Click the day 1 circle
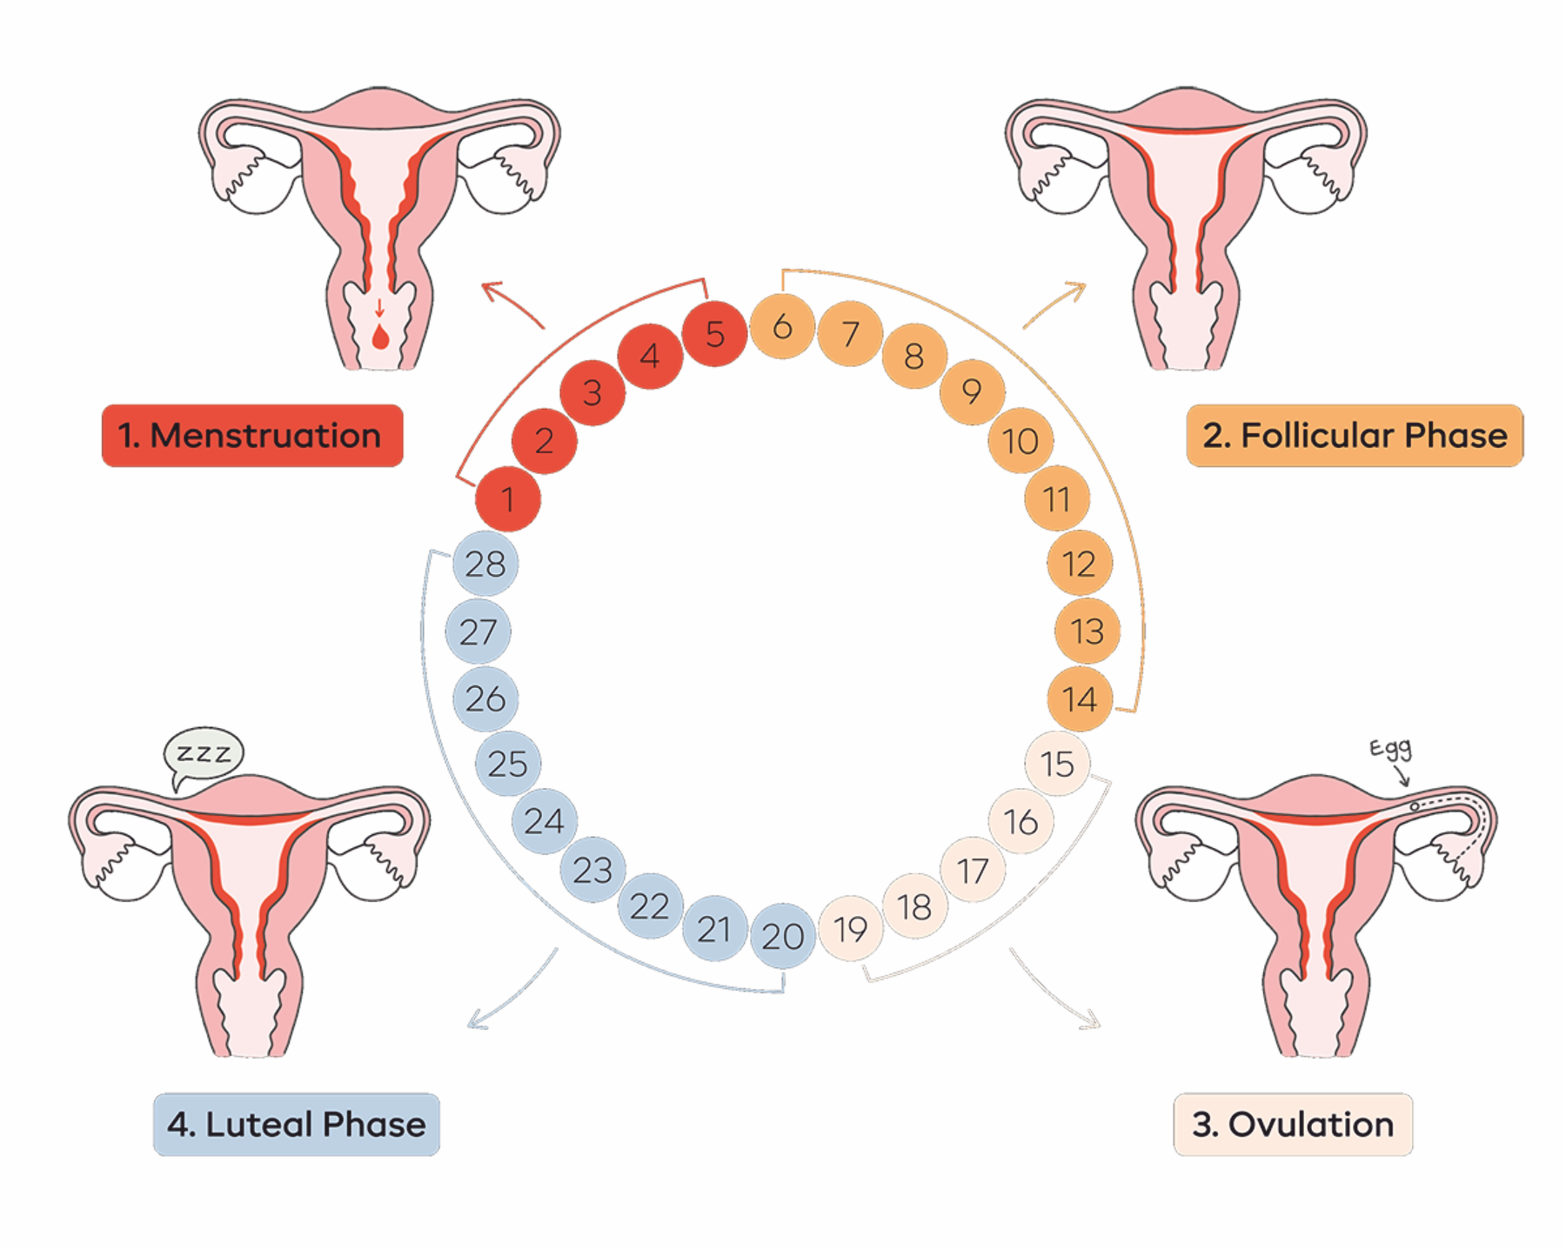(508, 499)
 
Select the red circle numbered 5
(714, 334)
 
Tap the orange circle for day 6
(782, 326)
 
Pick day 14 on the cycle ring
(1080, 699)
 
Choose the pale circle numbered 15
(1057, 764)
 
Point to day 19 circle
(851, 929)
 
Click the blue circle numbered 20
(783, 936)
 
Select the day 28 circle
(485, 564)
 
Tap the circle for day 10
(1021, 441)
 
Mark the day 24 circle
(545, 821)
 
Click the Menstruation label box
(252, 436)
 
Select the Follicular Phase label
(1355, 436)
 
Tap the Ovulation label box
(1293, 1125)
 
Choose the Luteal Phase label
(297, 1125)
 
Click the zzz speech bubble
(204, 753)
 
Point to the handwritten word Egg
(1390, 748)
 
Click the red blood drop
(380, 337)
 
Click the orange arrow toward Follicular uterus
(1055, 304)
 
